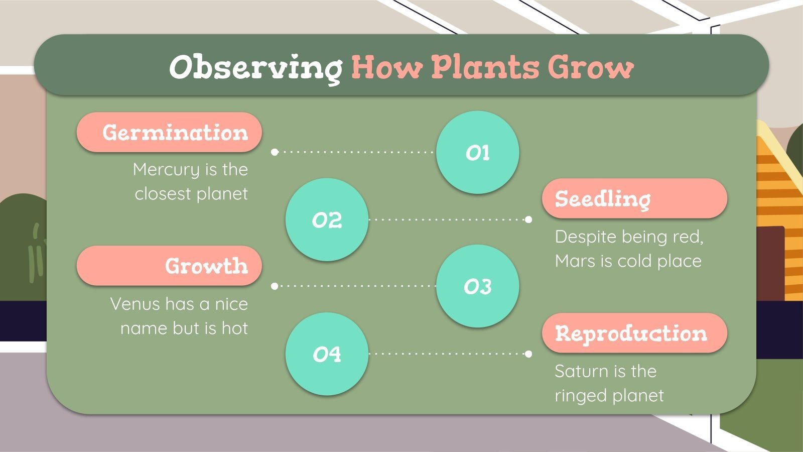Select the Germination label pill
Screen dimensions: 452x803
[x=169, y=133]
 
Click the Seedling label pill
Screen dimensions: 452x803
[x=634, y=199]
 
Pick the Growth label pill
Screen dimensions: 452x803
[x=169, y=266]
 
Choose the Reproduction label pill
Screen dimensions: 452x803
[x=634, y=333]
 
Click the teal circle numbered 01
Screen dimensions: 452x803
[x=477, y=153]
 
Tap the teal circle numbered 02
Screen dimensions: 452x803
[x=327, y=220]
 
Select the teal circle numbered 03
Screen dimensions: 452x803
[x=477, y=287]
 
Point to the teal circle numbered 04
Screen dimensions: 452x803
[x=327, y=354]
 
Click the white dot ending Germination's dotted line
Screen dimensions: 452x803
[x=275, y=152]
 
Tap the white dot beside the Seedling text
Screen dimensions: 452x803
[x=528, y=219]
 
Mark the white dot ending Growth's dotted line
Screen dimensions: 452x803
[x=275, y=286]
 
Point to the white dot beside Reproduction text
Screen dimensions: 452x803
[x=528, y=354]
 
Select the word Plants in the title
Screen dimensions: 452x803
[x=485, y=67]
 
